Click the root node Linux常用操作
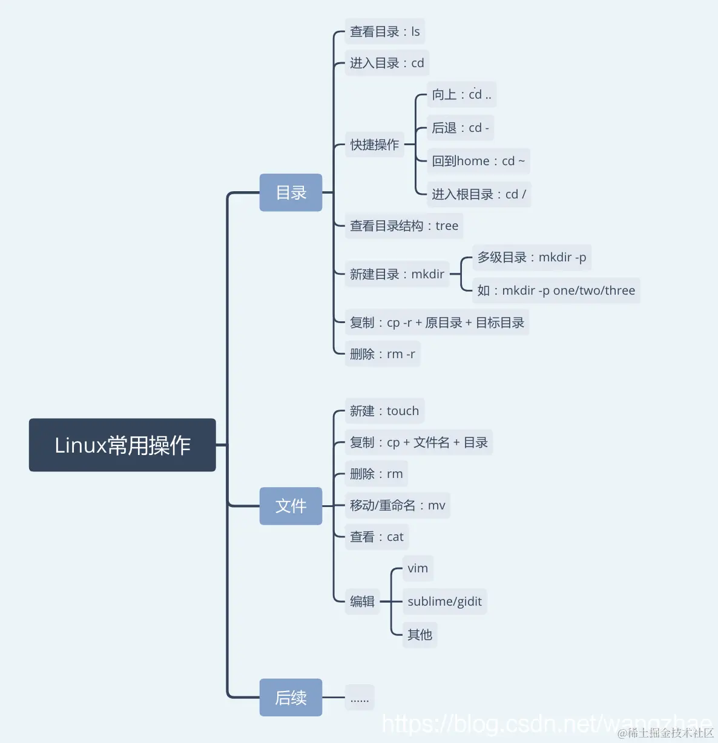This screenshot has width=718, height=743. [122, 445]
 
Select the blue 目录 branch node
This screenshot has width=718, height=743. [291, 192]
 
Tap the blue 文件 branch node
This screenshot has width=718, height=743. [291, 506]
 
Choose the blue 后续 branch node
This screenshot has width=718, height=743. [291, 698]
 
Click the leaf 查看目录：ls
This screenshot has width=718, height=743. [384, 31]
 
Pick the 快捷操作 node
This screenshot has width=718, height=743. [374, 145]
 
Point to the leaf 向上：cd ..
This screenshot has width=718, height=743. [461, 94]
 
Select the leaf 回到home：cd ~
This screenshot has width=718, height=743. [478, 161]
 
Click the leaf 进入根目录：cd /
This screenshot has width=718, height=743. [478, 194]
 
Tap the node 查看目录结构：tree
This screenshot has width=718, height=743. [404, 226]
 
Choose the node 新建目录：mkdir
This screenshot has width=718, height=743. [397, 274]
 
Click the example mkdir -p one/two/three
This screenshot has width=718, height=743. [556, 290]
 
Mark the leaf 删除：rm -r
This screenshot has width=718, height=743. [382, 354]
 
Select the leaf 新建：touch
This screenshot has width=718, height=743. [384, 411]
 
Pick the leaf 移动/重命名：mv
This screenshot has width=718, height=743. [397, 505]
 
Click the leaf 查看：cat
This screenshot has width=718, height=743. [377, 537]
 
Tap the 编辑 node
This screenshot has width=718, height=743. [362, 601]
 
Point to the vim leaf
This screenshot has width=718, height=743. [418, 568]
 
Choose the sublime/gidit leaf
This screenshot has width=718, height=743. [444, 601]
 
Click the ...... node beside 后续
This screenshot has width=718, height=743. [360, 698]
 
